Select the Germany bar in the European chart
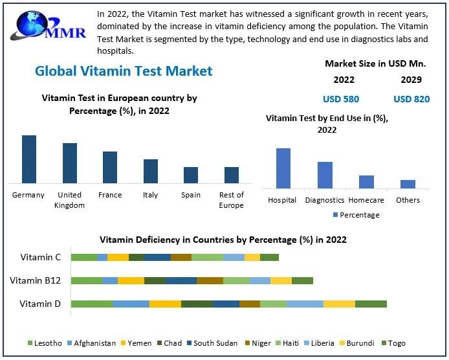coord(29,159)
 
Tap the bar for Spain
coord(190,175)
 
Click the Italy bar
coord(150,171)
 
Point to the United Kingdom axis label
coord(69,200)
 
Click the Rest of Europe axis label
coord(231,200)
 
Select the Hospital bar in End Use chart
coord(283,168)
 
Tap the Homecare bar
coord(366,182)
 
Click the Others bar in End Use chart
coord(408,184)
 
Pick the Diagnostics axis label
coord(325,200)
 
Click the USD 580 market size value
coord(341,99)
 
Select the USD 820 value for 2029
coord(411,99)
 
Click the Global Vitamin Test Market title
coord(124,71)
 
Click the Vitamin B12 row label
coord(36,280)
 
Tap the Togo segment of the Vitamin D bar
coord(371,304)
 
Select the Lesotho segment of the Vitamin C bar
coord(83,257)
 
